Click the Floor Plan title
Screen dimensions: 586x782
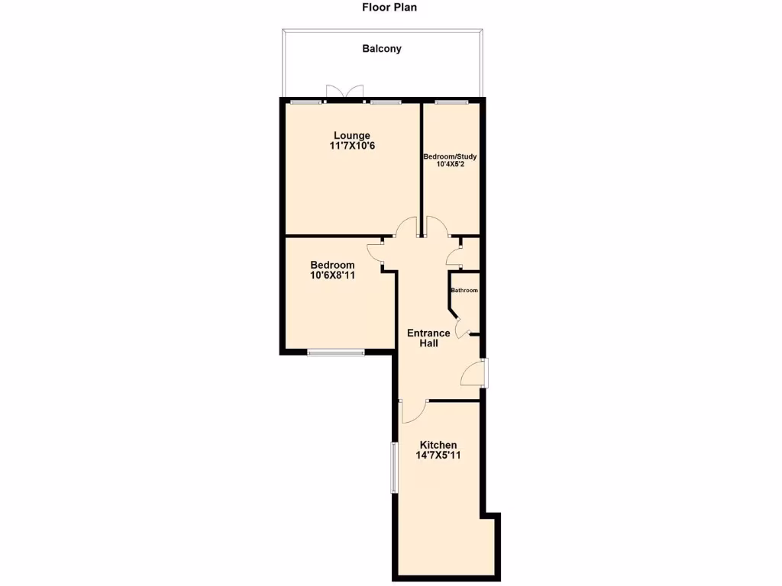click(x=389, y=8)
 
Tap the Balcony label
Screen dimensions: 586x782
click(x=381, y=49)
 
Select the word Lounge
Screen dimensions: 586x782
click(x=351, y=136)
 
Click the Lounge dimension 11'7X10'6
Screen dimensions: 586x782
click(x=351, y=146)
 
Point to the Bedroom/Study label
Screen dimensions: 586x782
click(x=451, y=156)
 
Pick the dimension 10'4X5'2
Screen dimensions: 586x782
click(x=451, y=164)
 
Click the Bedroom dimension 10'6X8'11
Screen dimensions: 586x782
click(x=332, y=275)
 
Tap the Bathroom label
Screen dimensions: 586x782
click(x=464, y=291)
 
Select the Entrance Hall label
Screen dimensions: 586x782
click(x=428, y=338)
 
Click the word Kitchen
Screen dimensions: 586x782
click(x=438, y=445)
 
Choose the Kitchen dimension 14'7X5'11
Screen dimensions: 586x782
click(x=438, y=456)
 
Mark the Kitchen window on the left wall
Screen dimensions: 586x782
click(x=394, y=467)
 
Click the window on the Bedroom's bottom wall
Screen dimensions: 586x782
click(x=336, y=352)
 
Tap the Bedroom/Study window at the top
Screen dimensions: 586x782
click(x=451, y=101)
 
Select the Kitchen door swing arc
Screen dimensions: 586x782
click(x=413, y=412)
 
